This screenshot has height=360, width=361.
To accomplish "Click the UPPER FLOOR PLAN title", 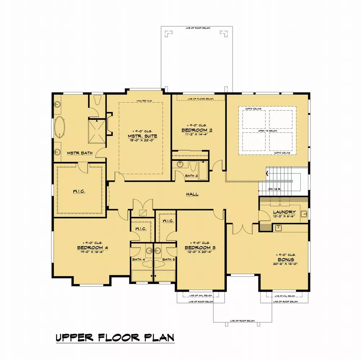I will [x=115, y=338].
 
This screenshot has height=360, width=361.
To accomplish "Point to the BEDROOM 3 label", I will [x=200, y=247].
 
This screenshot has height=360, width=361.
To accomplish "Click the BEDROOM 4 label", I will [x=92, y=247].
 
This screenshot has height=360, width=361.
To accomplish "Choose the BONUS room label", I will [x=286, y=259].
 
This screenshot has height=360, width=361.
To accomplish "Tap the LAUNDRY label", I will [x=284, y=212].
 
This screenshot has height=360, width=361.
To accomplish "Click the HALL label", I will [x=192, y=194].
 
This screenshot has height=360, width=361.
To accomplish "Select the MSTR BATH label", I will [x=80, y=153].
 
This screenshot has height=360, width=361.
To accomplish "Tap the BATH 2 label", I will [x=191, y=176].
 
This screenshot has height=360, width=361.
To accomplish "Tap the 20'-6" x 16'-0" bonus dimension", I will [x=286, y=264].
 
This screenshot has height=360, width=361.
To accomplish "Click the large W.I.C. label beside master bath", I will [x=79, y=191].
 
